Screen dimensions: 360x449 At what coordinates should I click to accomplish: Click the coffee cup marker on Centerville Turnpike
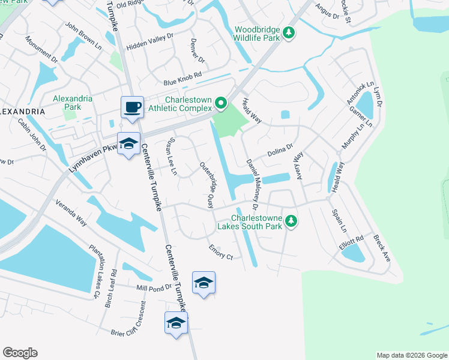132,108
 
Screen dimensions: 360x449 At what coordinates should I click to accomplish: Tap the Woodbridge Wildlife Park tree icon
290,32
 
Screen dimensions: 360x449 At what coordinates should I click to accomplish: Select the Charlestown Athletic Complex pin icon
220,104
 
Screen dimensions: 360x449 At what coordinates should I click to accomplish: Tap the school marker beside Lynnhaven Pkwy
128,144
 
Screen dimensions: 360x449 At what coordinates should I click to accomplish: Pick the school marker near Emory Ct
203,283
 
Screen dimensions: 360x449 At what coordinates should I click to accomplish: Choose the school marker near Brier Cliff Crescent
176,323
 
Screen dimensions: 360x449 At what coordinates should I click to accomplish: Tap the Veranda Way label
71,214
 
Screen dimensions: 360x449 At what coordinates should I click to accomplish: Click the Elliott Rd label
351,240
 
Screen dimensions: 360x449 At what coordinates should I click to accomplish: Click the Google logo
20,353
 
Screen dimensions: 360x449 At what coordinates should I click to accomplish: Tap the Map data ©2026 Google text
412,355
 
